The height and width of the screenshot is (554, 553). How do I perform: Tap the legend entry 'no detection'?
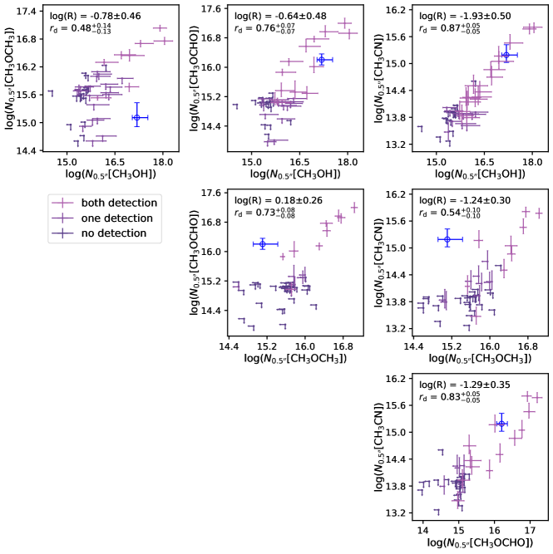tap(113, 233)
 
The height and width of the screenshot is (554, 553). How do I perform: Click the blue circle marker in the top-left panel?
tap(136, 117)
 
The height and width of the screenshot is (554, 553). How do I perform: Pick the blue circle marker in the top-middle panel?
tap(321, 60)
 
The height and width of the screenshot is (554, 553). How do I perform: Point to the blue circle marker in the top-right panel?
tap(506, 56)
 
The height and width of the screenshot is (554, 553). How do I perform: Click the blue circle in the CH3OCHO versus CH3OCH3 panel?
tap(262, 243)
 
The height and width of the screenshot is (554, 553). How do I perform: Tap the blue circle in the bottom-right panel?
tap(501, 424)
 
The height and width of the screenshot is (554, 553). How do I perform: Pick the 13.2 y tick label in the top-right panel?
tap(397, 145)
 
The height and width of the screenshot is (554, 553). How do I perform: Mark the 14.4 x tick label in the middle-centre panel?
tap(229, 346)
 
